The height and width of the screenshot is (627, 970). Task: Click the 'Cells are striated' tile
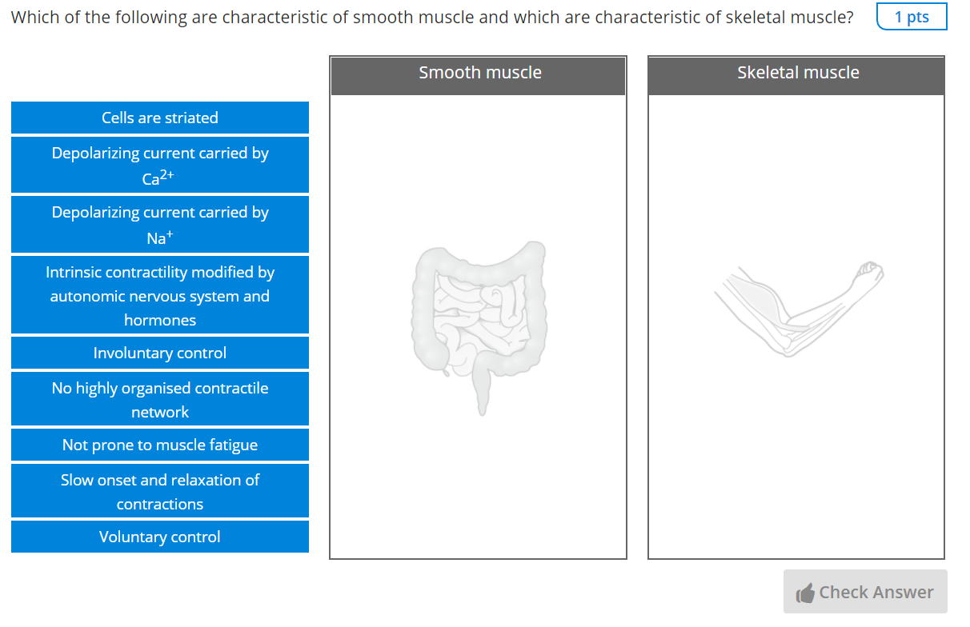click(160, 118)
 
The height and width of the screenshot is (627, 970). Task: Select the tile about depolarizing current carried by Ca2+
click(160, 165)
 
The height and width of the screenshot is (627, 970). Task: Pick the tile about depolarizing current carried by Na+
click(160, 225)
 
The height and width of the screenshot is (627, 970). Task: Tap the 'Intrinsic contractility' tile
click(160, 295)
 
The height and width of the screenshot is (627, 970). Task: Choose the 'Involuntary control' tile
click(160, 353)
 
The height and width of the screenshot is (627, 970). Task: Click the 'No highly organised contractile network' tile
click(160, 399)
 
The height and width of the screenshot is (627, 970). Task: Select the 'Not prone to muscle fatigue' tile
click(160, 445)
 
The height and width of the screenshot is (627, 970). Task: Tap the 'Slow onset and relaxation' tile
click(160, 491)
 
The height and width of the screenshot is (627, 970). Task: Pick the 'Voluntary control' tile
click(160, 537)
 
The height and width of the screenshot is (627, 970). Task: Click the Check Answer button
click(865, 592)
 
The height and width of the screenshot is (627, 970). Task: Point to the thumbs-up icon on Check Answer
click(805, 593)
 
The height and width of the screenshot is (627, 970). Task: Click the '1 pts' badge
click(912, 17)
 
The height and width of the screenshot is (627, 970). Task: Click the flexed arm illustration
click(800, 309)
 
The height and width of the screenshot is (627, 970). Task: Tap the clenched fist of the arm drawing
click(870, 273)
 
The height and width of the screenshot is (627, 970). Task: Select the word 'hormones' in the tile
click(160, 320)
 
